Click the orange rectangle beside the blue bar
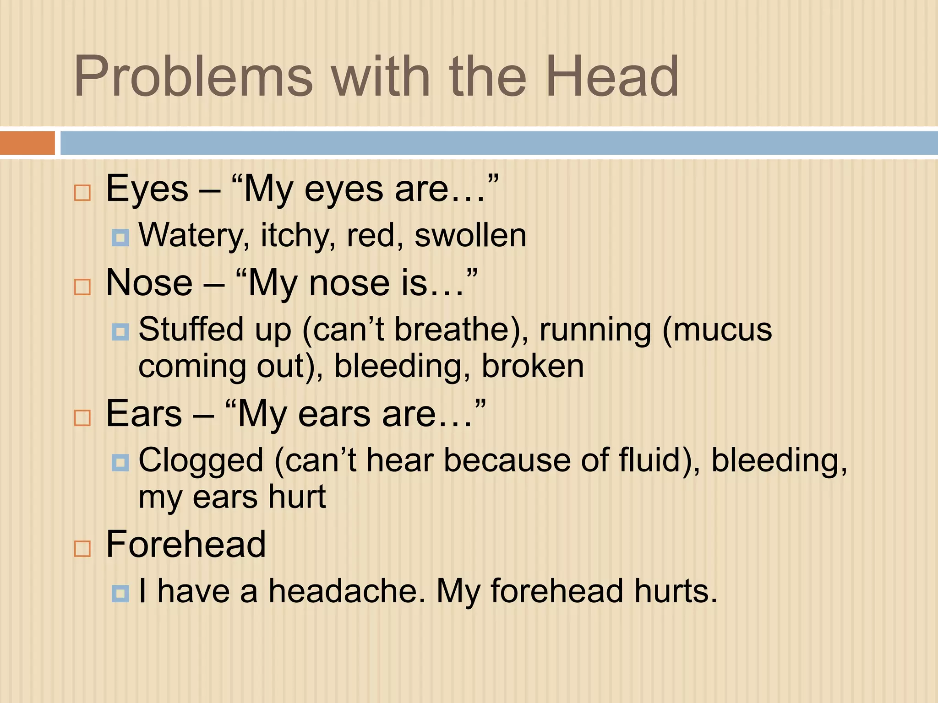click(x=27, y=143)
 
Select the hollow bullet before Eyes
click(x=82, y=193)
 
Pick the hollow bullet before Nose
click(x=82, y=287)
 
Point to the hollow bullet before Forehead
click(x=82, y=548)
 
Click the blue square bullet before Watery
click(x=120, y=238)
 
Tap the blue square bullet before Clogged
click(x=120, y=463)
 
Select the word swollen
click(x=470, y=236)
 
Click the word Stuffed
click(x=191, y=330)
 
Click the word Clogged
click(x=201, y=461)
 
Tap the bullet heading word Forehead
click(x=186, y=544)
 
